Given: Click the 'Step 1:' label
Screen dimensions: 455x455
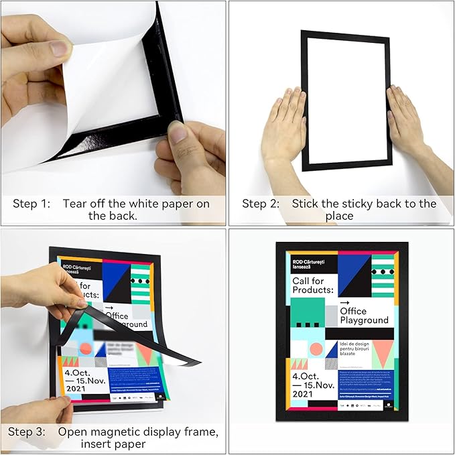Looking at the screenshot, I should (31, 204).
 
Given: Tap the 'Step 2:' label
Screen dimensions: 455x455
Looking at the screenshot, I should (261, 204).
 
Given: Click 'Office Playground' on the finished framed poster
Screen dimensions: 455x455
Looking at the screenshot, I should (363, 316).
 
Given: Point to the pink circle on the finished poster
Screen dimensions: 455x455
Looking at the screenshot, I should (316, 348).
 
